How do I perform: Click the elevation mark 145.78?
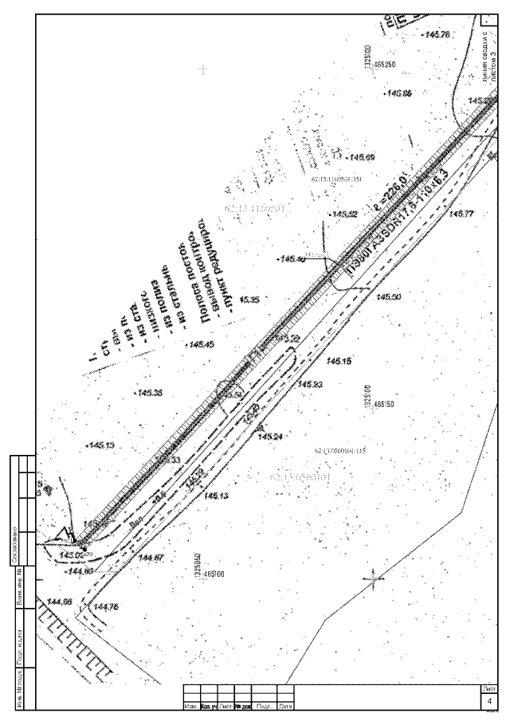[439, 35]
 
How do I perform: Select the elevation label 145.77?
[461, 214]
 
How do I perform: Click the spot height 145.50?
[389, 296]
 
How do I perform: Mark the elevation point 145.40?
[292, 260]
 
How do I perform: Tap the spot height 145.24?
[271, 437]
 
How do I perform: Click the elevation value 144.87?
[151, 557]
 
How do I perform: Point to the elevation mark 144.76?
[106, 607]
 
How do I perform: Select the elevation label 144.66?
[60, 601]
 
